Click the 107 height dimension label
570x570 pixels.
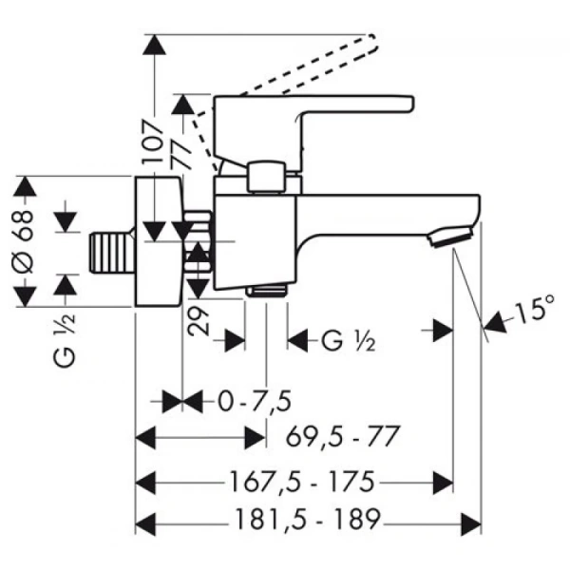pos(152,142)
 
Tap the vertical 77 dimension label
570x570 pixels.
pos(181,154)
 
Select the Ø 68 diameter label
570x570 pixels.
pos(23,242)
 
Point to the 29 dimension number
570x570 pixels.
pos(199,321)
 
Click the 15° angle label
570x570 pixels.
pos(534,308)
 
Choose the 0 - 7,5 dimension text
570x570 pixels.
pos(255,401)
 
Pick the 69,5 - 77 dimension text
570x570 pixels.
pos(342,436)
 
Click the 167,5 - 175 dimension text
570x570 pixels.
pos(302,482)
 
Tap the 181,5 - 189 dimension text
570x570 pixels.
pos(308,519)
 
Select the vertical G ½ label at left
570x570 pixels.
pos(65,340)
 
